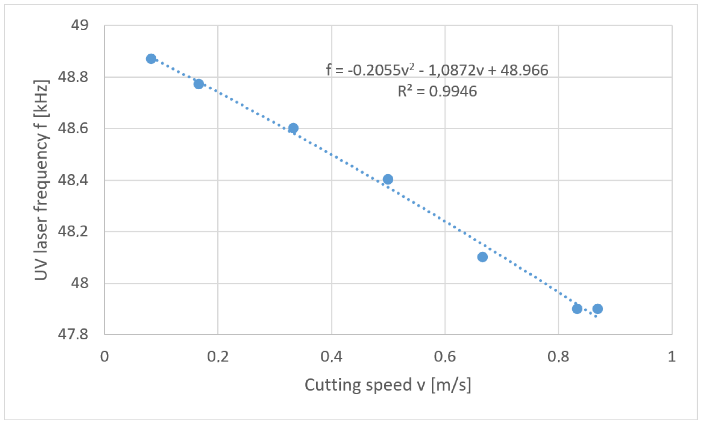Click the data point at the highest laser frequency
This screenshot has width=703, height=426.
pos(151,59)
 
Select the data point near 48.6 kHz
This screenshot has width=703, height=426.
pos(293,128)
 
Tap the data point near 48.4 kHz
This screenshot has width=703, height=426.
pos(388,179)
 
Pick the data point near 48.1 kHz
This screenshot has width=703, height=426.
pos(482,257)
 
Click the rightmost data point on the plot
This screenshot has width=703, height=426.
pos(597,309)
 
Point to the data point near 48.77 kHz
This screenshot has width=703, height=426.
pos(199,84)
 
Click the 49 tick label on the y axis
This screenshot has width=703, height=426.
pos(80,25)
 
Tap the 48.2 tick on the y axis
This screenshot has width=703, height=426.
pos(73,231)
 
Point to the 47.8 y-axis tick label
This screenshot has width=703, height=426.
pos(73,334)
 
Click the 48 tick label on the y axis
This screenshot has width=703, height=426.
pos(80,283)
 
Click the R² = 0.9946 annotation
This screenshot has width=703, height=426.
pos(437,91)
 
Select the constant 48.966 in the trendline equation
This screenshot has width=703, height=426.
pos(524,70)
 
